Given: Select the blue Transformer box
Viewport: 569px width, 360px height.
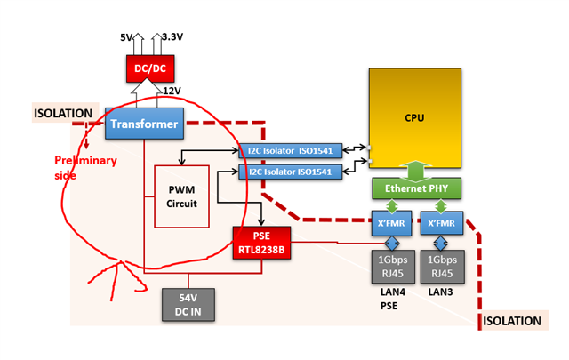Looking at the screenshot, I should click(145, 124).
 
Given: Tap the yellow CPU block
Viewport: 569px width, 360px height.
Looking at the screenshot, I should click(413, 118).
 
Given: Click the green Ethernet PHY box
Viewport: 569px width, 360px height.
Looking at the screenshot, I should click(413, 188).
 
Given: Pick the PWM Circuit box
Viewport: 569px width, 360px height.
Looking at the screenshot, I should click(181, 196).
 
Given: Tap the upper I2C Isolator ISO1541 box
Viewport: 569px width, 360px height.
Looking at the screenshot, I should click(292, 150).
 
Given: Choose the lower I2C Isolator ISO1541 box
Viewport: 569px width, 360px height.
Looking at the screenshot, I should click(292, 172).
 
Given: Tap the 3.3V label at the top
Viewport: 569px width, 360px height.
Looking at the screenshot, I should click(172, 37).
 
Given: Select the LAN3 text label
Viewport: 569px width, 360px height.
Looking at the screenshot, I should click(439, 291).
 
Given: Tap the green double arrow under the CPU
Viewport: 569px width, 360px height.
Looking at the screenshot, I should click(414, 170).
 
